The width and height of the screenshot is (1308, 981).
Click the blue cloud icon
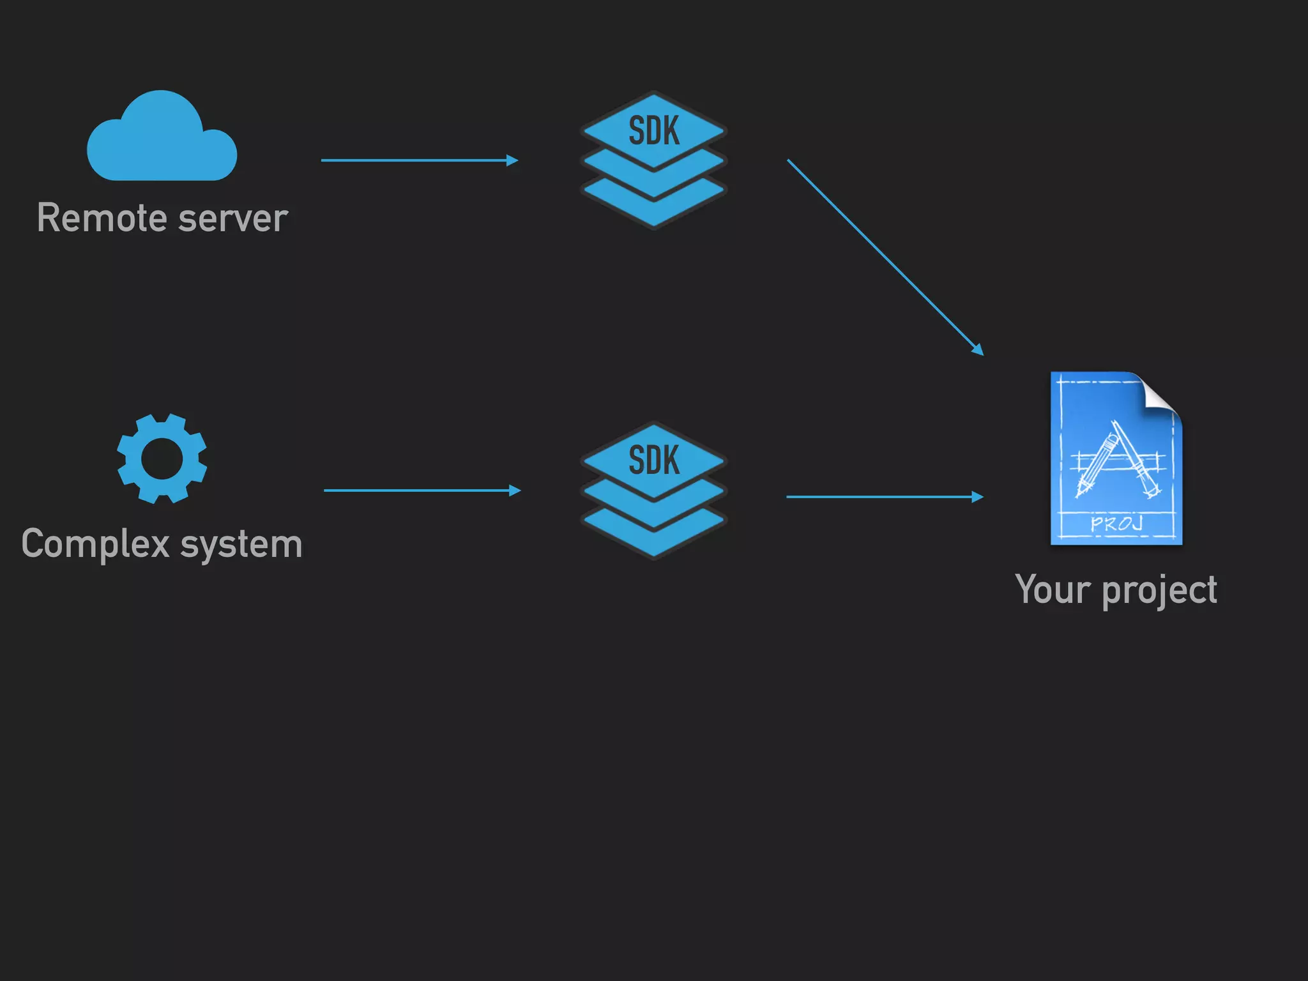click(x=162, y=141)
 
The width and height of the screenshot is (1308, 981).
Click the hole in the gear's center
click(x=162, y=459)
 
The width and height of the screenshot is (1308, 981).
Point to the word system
click(x=241, y=545)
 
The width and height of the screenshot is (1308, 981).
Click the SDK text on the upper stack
click(x=653, y=131)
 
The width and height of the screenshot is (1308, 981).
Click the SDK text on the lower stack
click(x=653, y=460)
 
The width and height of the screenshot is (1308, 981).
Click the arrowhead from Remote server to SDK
click(x=512, y=160)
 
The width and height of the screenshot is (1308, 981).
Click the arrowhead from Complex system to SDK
click(x=515, y=490)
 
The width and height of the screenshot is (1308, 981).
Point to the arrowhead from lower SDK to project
click(x=978, y=497)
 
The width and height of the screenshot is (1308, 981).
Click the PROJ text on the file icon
click(x=1116, y=524)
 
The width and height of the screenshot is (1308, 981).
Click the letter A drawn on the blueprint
click(x=1117, y=459)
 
